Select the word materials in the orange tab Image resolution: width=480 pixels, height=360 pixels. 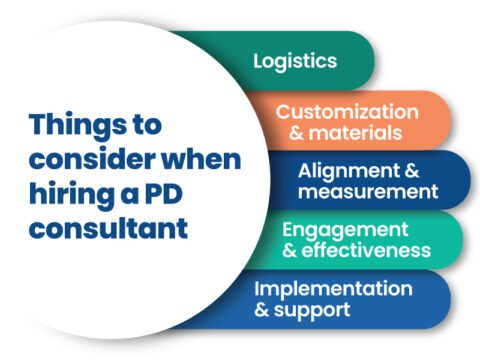[355, 131]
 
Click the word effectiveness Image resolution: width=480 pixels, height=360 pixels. [364, 249]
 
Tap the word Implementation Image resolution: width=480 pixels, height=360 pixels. [332, 288]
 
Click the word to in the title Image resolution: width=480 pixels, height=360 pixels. [154, 126]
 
